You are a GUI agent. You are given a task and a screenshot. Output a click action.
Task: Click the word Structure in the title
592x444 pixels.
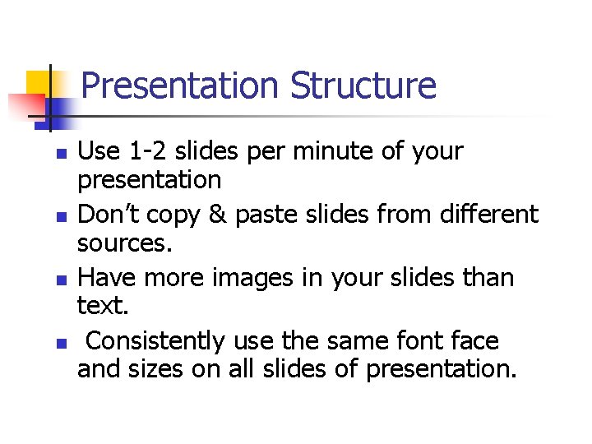(x=363, y=86)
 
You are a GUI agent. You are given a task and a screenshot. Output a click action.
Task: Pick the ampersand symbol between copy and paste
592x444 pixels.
(x=217, y=215)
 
